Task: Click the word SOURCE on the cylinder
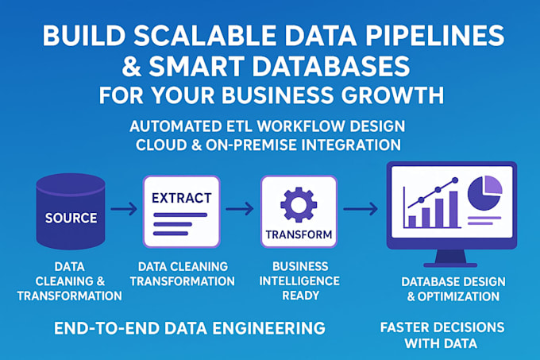coord(71,218)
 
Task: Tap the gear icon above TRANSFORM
coord(299,205)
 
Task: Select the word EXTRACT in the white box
coord(182,198)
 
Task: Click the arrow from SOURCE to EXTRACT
coord(124,209)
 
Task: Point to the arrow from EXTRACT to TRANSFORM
coord(240,209)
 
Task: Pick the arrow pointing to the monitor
coord(361,209)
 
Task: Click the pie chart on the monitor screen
coord(485,193)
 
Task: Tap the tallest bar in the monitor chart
coord(453,209)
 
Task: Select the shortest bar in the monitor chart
coord(412,221)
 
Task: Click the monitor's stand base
coord(450,265)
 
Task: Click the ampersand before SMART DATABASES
coord(132,67)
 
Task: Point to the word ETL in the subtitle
coord(240,126)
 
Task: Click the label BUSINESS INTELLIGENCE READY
coord(299,281)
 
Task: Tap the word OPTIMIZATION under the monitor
coord(458,296)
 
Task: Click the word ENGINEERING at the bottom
coord(268,328)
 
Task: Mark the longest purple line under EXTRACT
coord(180,215)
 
